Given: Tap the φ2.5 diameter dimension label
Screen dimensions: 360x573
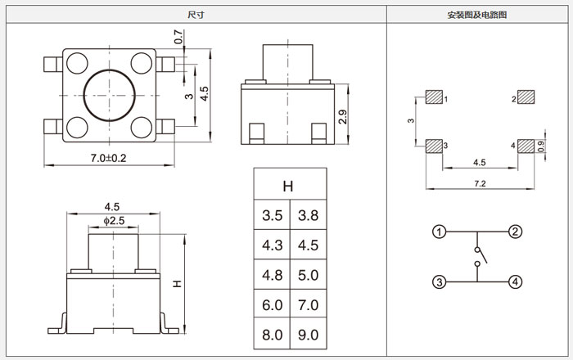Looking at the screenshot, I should coord(114,221).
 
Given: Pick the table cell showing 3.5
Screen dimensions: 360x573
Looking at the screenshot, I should coord(273,216).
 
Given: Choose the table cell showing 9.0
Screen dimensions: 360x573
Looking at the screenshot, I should coord(309,335).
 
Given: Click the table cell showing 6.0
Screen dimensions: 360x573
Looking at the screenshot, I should coord(273,304).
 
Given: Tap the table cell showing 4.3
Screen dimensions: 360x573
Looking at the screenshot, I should coord(273,245).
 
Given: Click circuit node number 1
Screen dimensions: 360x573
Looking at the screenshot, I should coord(440,232).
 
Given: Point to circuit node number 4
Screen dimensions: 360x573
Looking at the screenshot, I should coord(515,282).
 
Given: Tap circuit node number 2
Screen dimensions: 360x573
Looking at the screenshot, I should coord(515,232).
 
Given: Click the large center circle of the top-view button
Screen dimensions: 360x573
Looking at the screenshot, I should coord(108,95).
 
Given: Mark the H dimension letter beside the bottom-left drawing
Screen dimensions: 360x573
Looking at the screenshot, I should coord(177,284).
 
